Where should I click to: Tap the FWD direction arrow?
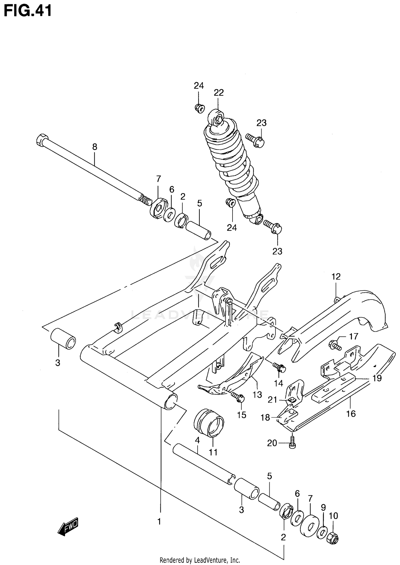coord(68,527)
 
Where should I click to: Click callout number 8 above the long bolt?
coord(95,147)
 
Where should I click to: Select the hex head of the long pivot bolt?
coord(42,140)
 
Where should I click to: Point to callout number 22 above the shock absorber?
coord(218,93)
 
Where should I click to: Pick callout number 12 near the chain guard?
coord(336,277)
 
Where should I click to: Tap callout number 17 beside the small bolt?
coord(354,336)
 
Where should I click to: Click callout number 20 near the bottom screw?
coord(272,443)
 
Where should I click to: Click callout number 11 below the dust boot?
coord(213,452)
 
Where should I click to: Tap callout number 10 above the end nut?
coord(333,516)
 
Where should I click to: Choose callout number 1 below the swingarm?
coord(159,521)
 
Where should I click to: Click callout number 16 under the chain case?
coord(351,414)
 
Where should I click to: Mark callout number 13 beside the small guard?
coord(257,395)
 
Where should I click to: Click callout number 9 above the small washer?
coord(323,507)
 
